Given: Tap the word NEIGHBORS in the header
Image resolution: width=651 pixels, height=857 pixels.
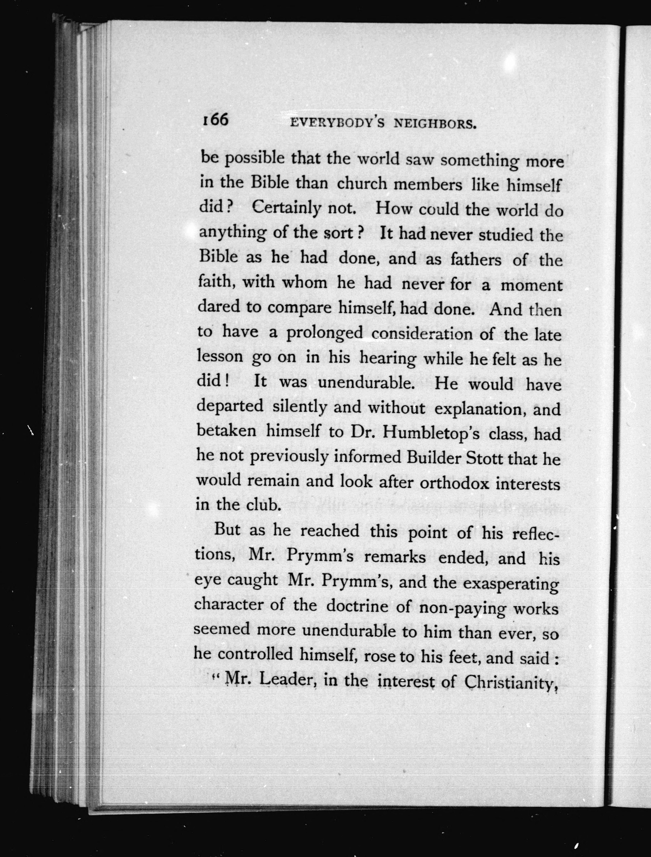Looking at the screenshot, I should pos(434,124).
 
